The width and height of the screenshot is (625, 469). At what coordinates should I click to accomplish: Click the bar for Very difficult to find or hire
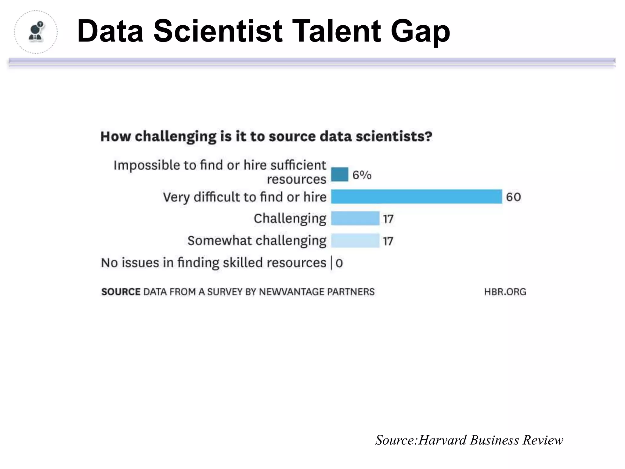(x=416, y=196)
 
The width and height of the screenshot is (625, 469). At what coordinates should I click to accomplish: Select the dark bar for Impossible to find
(x=339, y=174)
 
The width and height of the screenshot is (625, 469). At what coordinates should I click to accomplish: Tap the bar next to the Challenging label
(x=355, y=218)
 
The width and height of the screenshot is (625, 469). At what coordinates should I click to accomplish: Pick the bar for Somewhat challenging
(x=355, y=241)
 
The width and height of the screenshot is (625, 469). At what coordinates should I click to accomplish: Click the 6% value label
(x=362, y=175)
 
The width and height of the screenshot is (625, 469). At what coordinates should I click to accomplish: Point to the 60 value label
(x=513, y=197)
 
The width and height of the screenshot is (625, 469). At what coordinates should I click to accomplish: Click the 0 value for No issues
(x=339, y=263)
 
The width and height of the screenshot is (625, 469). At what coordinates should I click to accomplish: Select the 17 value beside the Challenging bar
(x=388, y=219)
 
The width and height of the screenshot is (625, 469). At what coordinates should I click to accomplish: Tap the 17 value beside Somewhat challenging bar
(x=388, y=241)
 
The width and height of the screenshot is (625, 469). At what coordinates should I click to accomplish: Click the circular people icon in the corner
(x=36, y=32)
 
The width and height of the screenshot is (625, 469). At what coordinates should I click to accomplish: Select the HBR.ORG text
(x=505, y=292)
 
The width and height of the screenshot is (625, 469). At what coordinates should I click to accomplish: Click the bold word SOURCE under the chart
(x=121, y=292)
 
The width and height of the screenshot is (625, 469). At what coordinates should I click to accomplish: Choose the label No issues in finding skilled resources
(x=213, y=263)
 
